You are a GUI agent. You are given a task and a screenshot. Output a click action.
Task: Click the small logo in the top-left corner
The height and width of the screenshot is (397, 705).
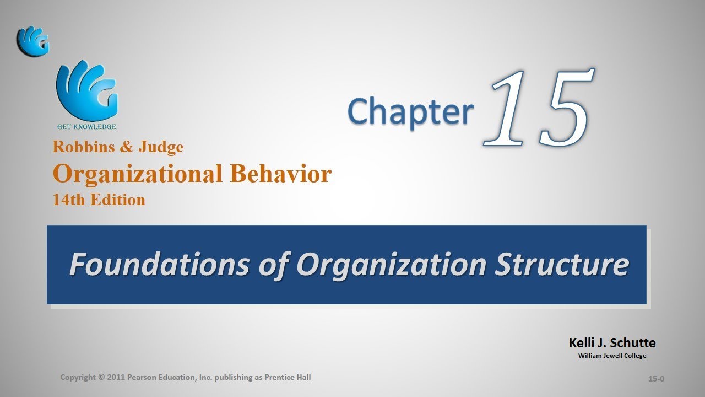pos(33,41)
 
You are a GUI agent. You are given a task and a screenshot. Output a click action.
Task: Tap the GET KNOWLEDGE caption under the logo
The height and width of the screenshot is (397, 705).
pos(87,127)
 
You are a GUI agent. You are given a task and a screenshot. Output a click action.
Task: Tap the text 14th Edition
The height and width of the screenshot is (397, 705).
pos(99,200)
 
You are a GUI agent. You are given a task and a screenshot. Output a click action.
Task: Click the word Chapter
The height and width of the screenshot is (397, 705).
pos(411,111)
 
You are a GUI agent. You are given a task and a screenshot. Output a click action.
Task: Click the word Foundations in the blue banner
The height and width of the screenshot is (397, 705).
pos(159,265)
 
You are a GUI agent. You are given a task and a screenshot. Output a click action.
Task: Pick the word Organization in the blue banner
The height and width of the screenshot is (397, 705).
pos(391,265)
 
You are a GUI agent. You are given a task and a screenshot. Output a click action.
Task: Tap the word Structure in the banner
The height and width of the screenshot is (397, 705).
pos(562,265)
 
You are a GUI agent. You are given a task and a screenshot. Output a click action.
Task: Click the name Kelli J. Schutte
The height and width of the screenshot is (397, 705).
pos(612,342)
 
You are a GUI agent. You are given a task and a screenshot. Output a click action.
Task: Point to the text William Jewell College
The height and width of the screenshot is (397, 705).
pos(612,356)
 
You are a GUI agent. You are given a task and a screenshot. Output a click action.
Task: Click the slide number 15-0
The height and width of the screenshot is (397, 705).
pos(657,379)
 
